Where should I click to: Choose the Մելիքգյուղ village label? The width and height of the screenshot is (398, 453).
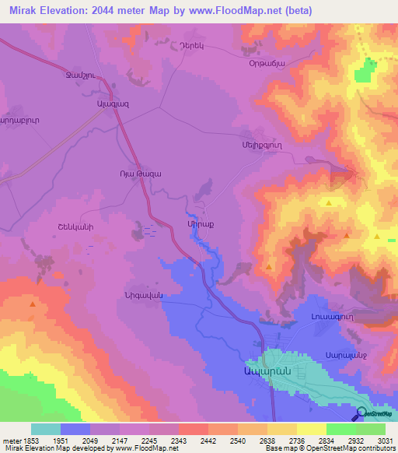point(264,145)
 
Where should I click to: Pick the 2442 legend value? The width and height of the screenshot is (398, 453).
point(208,441)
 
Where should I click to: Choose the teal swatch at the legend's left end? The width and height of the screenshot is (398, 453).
point(46,429)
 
